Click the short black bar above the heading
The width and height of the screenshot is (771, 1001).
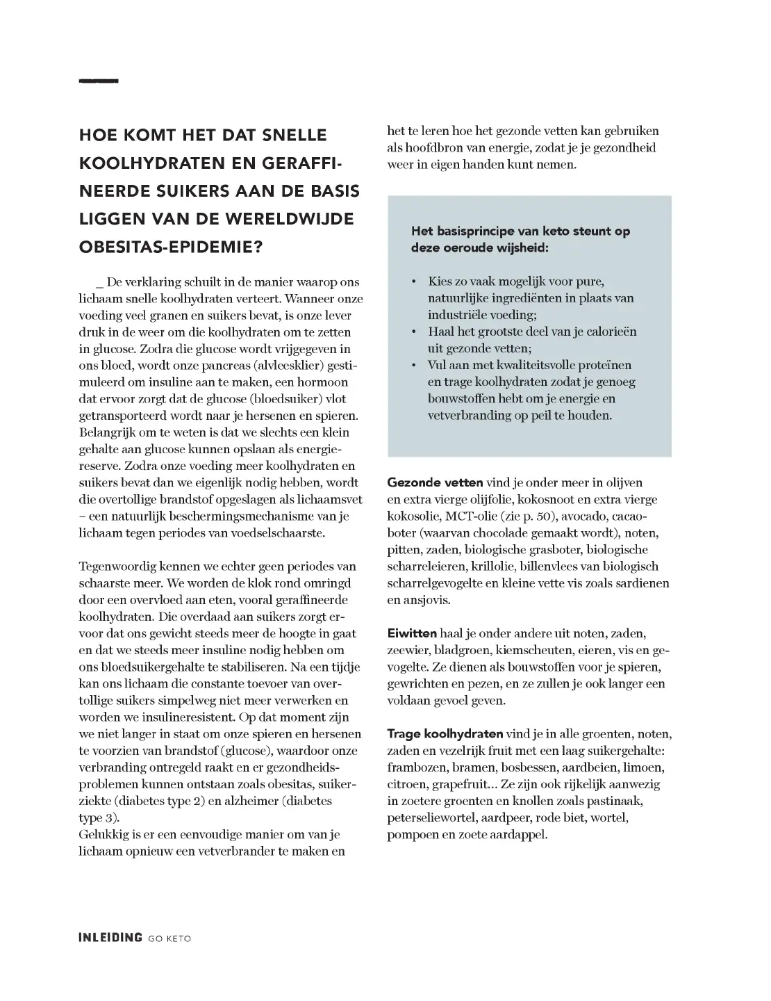point(99,81)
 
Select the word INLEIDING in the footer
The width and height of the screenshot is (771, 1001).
point(110,938)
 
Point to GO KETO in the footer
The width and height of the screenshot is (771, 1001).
point(169,938)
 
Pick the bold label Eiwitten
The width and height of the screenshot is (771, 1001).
point(412,633)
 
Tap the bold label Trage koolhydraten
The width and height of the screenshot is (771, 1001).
point(445,734)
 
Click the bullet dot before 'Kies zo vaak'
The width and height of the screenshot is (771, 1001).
point(414,282)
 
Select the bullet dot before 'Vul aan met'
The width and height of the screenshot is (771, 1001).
point(414,365)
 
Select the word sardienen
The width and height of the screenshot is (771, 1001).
point(642,583)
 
